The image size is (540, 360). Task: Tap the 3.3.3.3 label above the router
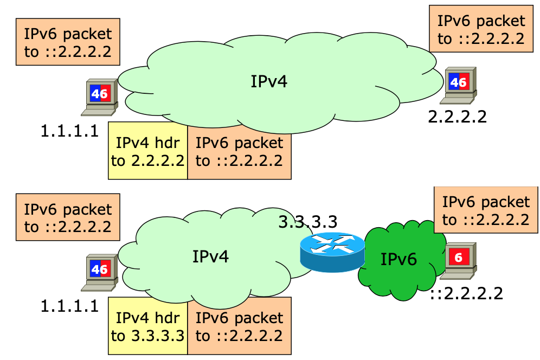pyautogui.click(x=307, y=222)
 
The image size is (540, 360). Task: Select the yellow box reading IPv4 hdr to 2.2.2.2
pyautogui.click(x=147, y=151)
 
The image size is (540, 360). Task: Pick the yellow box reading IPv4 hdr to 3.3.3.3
pyautogui.click(x=147, y=326)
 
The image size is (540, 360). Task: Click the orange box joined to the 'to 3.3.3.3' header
pyautogui.click(x=239, y=326)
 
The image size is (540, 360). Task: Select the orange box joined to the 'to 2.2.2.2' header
pyautogui.click(x=239, y=151)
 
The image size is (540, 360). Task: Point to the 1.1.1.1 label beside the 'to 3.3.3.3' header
pyautogui.click(x=70, y=306)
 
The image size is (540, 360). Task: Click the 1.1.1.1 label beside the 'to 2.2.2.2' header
pyautogui.click(x=70, y=130)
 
